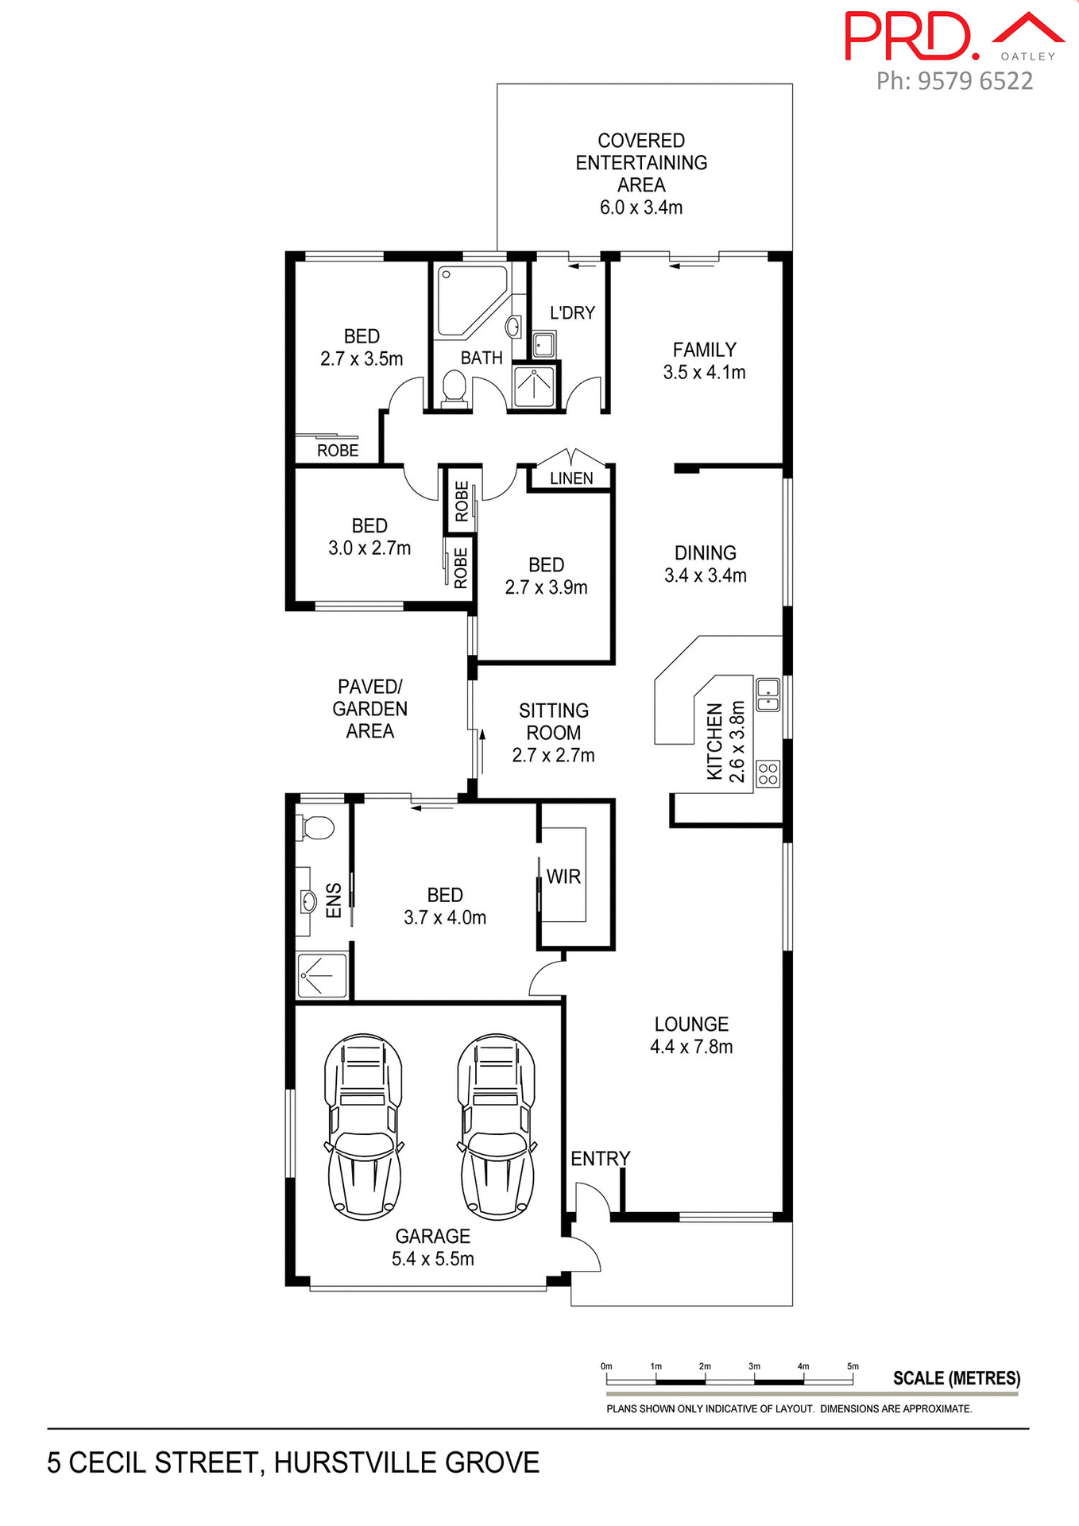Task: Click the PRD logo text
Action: (x=911, y=37)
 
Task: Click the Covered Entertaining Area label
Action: (x=641, y=173)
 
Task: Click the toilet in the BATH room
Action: (x=454, y=387)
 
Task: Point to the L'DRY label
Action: (x=572, y=313)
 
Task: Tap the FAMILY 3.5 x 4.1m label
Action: (x=704, y=361)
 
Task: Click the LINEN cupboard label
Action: (x=571, y=478)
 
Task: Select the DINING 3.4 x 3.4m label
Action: (x=705, y=564)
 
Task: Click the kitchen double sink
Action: (x=768, y=694)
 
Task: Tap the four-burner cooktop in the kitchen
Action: (x=768, y=773)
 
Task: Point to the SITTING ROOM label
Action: (x=553, y=732)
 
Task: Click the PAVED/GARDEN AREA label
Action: (x=369, y=708)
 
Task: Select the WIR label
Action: (x=563, y=877)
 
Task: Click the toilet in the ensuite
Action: (x=315, y=827)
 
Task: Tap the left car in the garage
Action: (x=364, y=1127)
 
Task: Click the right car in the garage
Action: (x=497, y=1127)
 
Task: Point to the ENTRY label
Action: (x=600, y=1159)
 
